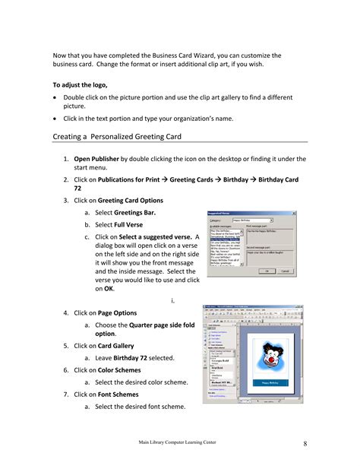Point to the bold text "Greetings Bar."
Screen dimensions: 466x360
pyautogui.click(x=125, y=213)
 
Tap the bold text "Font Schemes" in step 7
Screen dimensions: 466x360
pyautogui.click(x=118, y=394)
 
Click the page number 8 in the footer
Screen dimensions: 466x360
pyautogui.click(x=304, y=443)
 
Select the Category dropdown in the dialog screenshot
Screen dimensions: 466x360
pyautogui.click(x=251, y=218)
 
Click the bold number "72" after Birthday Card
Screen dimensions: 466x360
pyautogui.click(x=78, y=189)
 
